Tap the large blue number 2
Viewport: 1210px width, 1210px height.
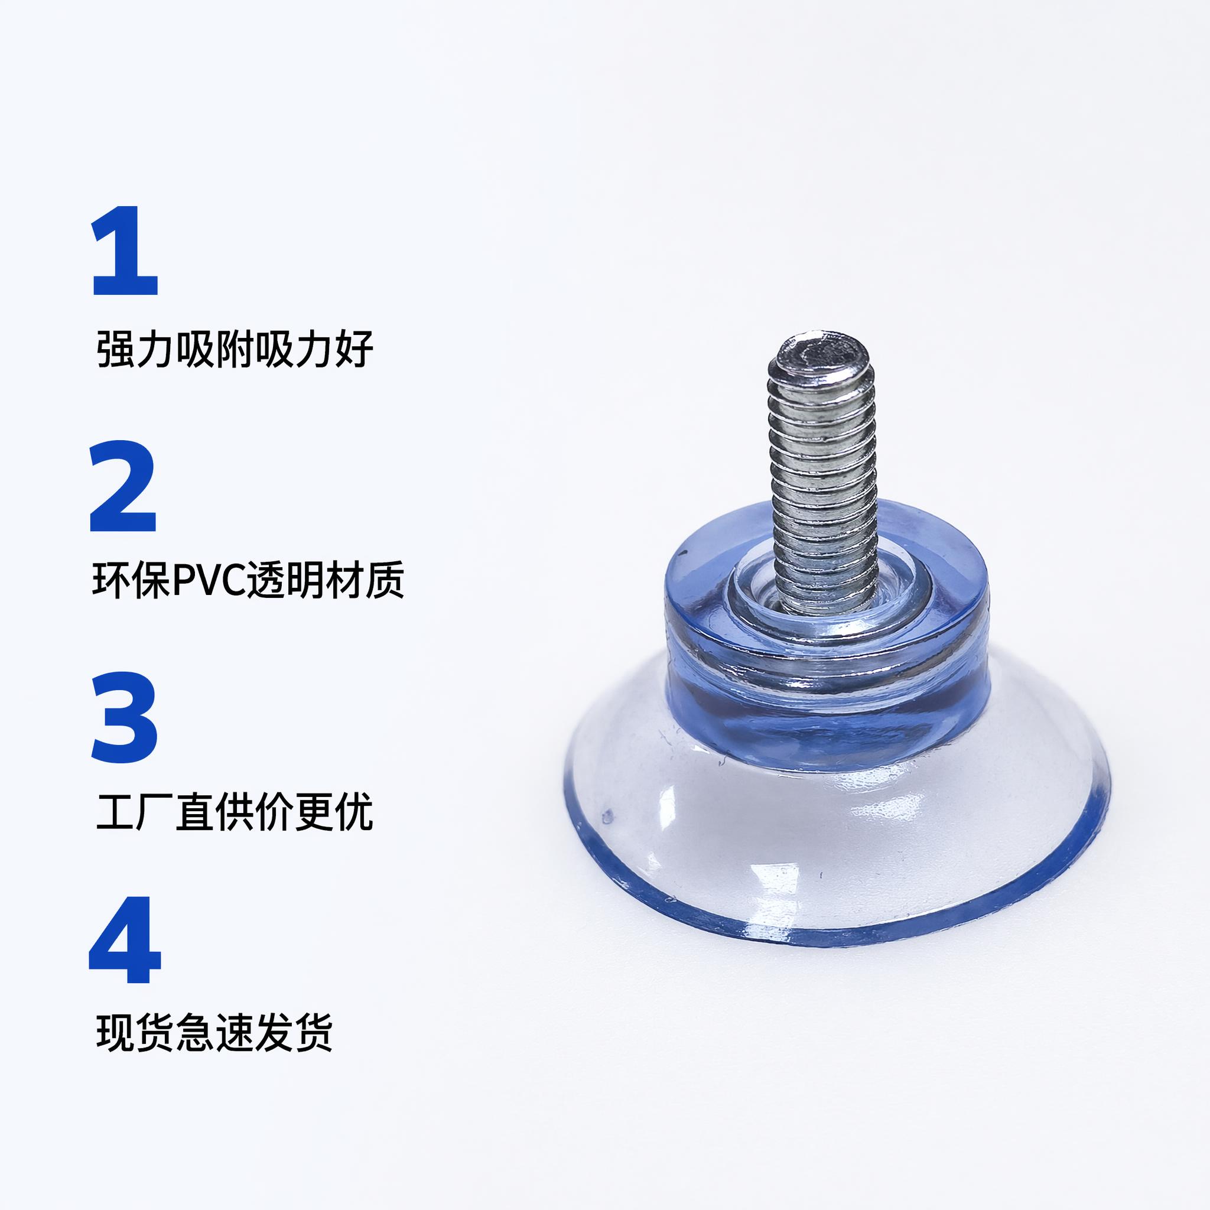point(123,486)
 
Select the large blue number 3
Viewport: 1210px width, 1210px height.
point(124,717)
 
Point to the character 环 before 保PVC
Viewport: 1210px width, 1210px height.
point(112,580)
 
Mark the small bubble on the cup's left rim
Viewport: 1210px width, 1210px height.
point(606,817)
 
